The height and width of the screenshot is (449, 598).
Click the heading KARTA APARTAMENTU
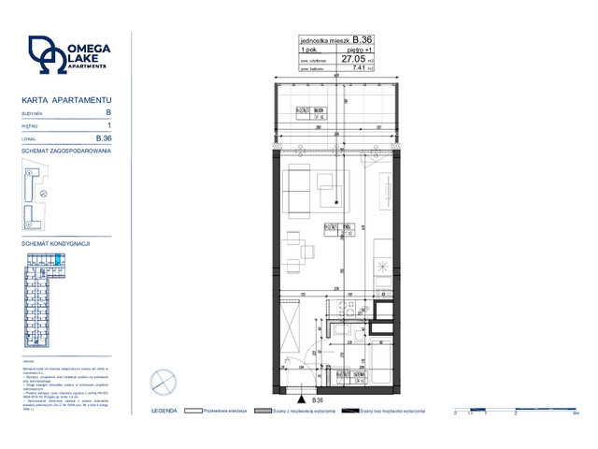pyautogui.click(x=66, y=98)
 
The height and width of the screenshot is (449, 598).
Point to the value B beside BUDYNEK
pyautogui.click(x=108, y=112)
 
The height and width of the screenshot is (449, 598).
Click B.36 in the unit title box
pyautogui.click(x=363, y=39)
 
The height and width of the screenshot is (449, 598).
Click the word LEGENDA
pyautogui.click(x=164, y=410)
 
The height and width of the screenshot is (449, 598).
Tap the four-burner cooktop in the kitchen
pyautogui.click(x=348, y=313)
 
